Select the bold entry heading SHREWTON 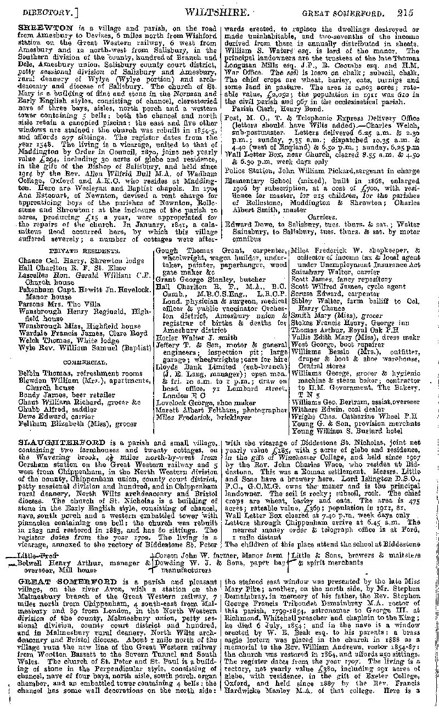click(x=40, y=26)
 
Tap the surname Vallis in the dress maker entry click(x=302, y=338)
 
